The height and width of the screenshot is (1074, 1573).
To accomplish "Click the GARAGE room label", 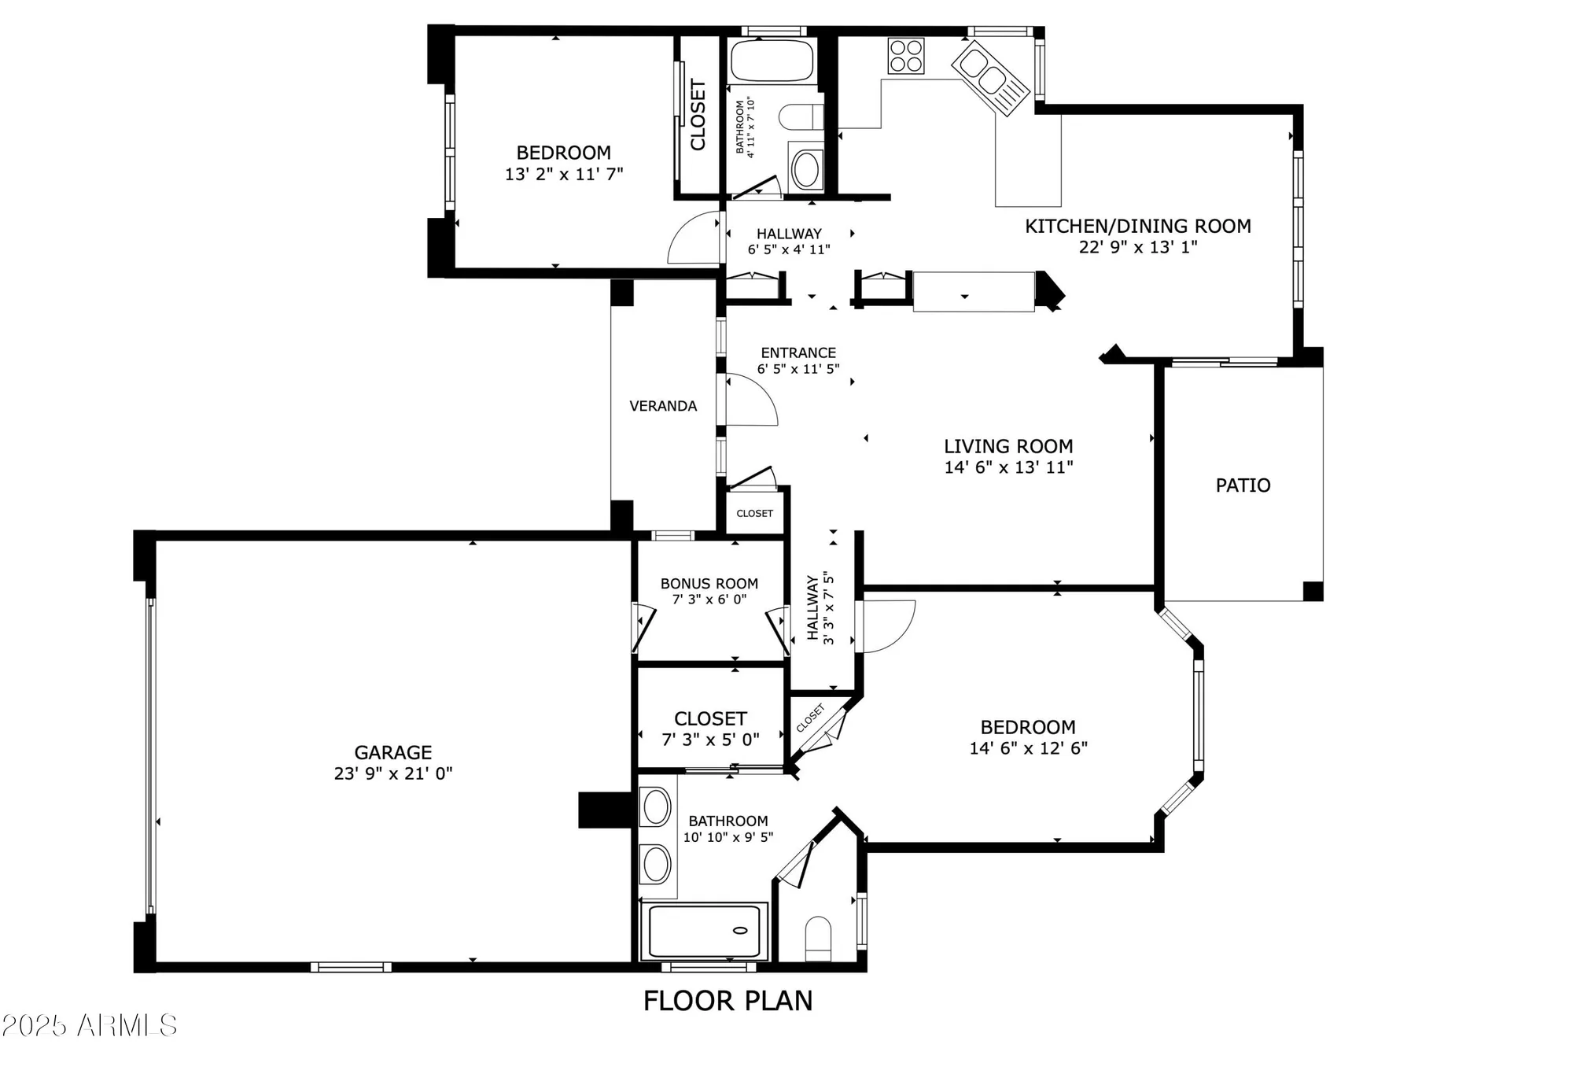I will [x=392, y=752].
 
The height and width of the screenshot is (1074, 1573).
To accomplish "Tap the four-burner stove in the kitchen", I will [x=905, y=56].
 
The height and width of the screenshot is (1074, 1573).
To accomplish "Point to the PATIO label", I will [x=1243, y=485].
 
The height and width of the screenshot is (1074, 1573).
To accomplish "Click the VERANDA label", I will [x=663, y=406].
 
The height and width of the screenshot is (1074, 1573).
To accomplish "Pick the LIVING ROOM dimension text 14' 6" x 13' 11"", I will [x=1008, y=467].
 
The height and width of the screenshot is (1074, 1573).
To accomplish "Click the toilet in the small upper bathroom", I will [x=800, y=117].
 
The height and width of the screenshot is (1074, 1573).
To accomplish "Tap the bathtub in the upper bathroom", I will [x=771, y=61].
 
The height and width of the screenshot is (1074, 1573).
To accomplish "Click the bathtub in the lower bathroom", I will [x=704, y=931].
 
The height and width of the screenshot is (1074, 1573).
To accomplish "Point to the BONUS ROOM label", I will [x=709, y=584].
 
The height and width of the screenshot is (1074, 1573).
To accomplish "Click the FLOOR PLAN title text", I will [x=728, y=1001].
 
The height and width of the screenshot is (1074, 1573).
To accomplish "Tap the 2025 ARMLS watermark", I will [x=89, y=1025].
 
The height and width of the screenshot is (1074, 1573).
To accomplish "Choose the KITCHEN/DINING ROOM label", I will [x=1137, y=227].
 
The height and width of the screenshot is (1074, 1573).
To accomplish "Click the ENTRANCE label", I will [x=798, y=353].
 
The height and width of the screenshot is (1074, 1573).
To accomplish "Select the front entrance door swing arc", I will [x=751, y=401].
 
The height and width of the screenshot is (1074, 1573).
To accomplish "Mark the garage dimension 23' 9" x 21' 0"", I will [x=392, y=773].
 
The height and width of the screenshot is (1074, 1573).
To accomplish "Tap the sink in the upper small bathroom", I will [x=805, y=168].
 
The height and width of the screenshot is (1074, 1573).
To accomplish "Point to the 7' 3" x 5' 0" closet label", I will [x=710, y=740].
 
